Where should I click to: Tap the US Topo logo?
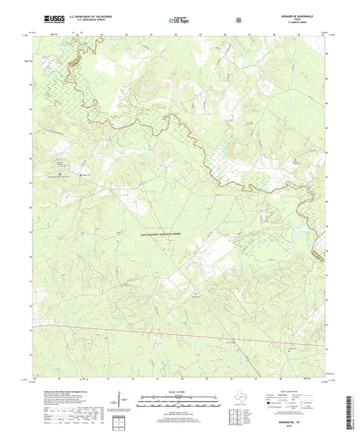pyautogui.click(x=180, y=22)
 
